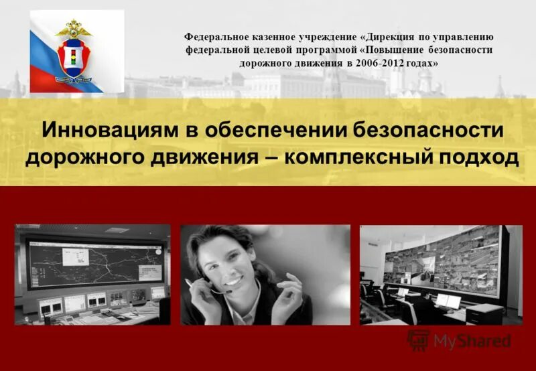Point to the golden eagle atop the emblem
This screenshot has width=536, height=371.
coord(74,29)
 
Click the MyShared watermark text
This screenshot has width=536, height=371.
coord(472,341)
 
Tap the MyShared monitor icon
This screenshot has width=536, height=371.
coord(419,340)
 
